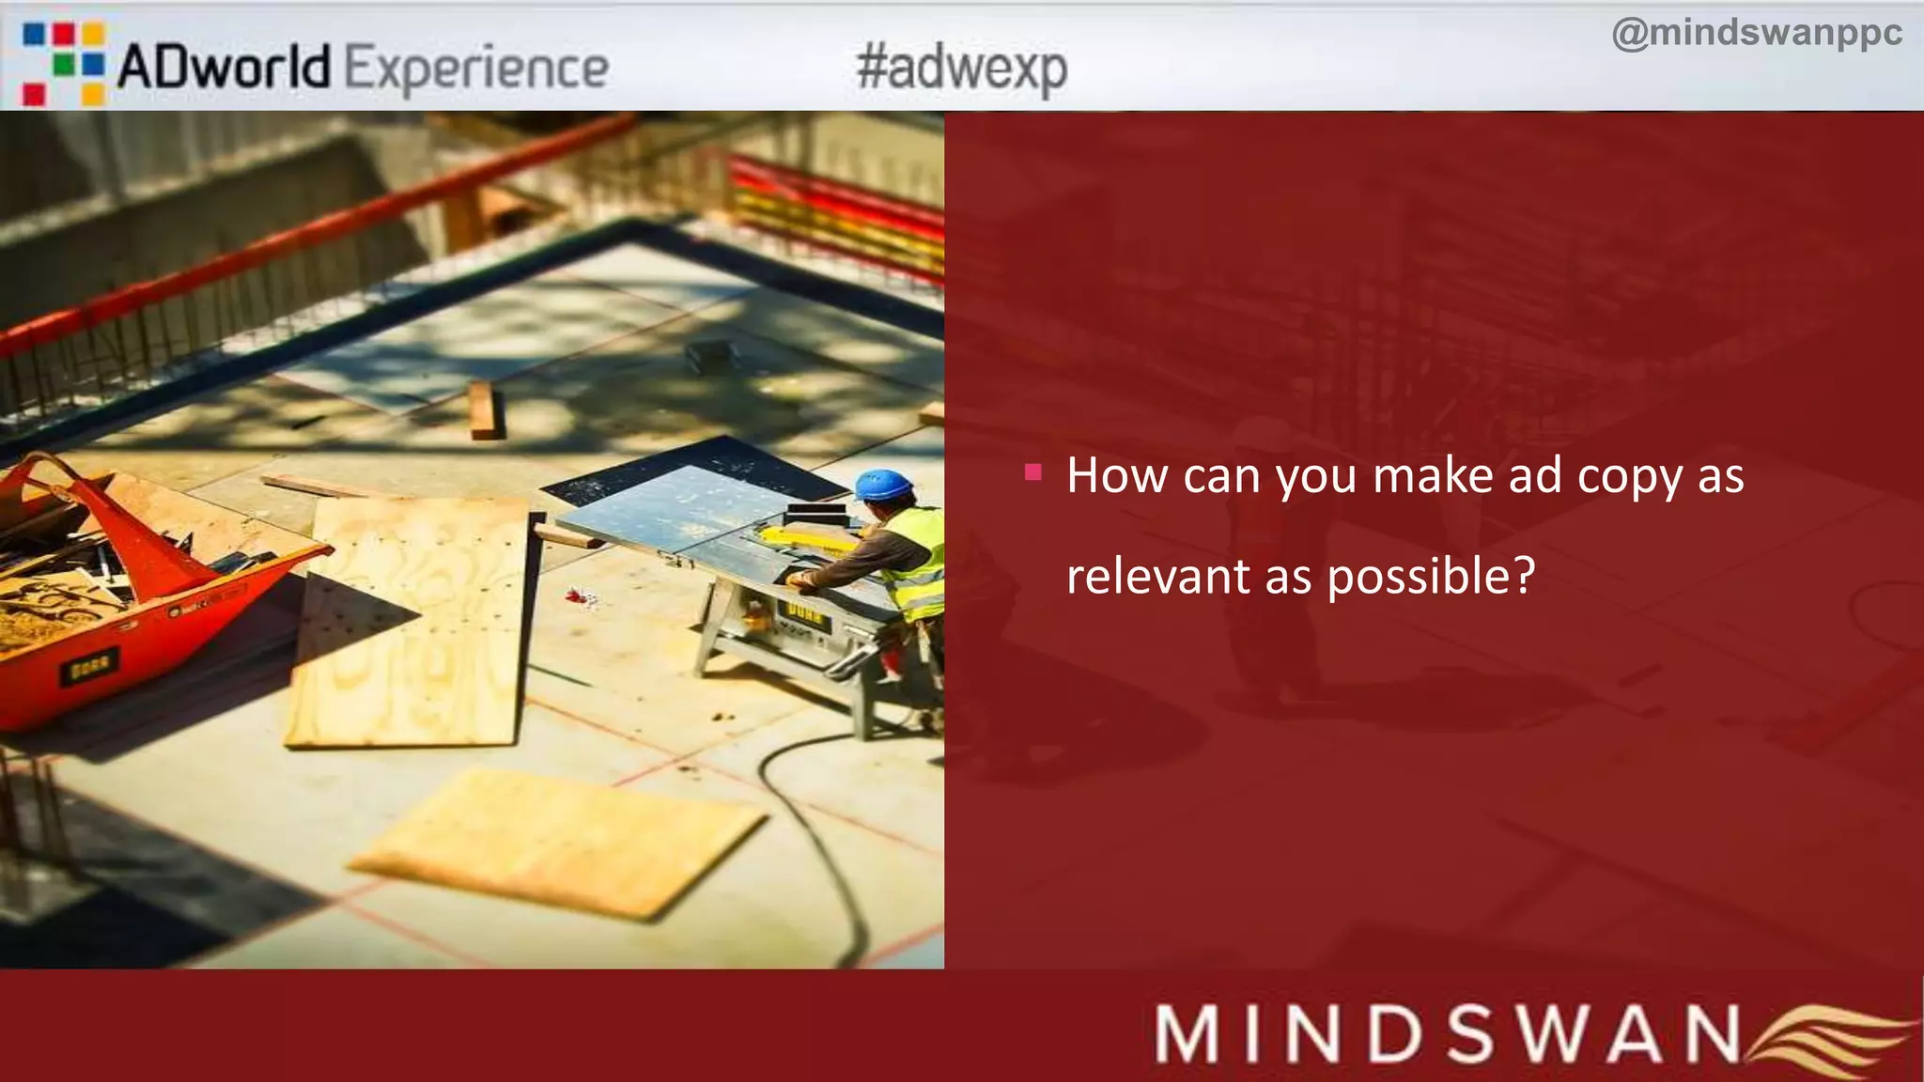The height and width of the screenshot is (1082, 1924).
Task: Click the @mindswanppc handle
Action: pos(1756,33)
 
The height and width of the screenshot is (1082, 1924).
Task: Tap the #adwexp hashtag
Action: pos(961,69)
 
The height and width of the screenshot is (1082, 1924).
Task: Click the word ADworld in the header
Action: pos(224,68)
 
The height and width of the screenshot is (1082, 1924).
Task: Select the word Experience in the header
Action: pos(476,70)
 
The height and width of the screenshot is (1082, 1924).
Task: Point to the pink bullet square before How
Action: pos(1033,471)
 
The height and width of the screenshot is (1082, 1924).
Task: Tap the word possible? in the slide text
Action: pos(1431,577)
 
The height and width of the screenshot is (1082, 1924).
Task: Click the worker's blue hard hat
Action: pos(883,484)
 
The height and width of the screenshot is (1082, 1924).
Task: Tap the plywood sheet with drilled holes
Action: pos(411,620)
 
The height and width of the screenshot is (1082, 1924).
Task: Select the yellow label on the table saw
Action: pos(805,614)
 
